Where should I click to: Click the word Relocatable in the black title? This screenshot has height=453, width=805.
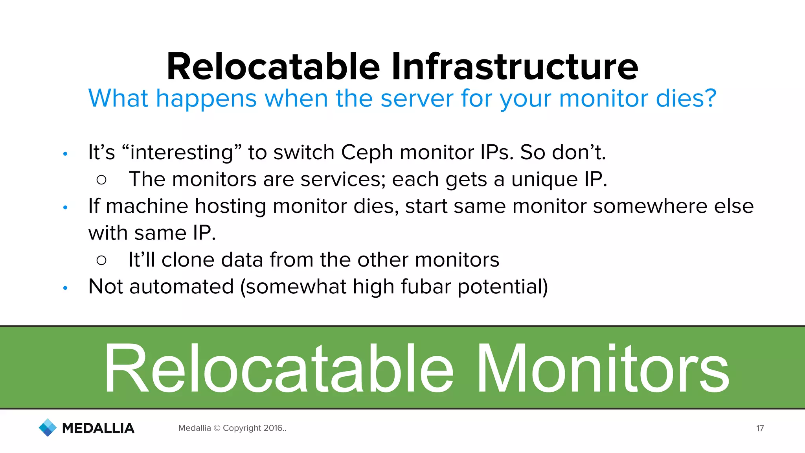(273, 67)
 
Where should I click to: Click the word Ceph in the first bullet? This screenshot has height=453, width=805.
(366, 153)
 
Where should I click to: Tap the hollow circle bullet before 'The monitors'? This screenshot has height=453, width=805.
(101, 180)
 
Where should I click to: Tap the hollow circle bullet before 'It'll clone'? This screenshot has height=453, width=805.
(101, 260)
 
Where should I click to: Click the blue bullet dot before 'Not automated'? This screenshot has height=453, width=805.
(65, 288)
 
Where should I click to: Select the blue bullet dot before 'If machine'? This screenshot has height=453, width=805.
(65, 207)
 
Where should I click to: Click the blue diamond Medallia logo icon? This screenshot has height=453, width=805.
(48, 427)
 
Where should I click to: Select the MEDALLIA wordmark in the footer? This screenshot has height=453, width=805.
(98, 428)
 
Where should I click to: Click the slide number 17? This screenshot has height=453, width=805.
(760, 428)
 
